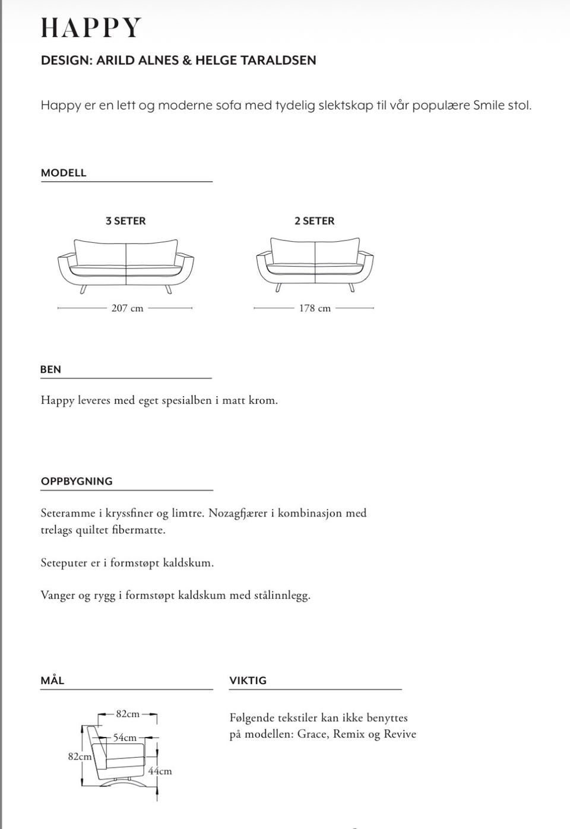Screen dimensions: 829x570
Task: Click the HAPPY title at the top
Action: [x=91, y=28]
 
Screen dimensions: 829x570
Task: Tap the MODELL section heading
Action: [x=64, y=173]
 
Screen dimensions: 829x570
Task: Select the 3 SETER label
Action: [x=125, y=221]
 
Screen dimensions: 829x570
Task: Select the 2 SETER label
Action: [x=314, y=221]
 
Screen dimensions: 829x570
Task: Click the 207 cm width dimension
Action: [x=127, y=308]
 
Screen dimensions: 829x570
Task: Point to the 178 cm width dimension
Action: [x=315, y=308]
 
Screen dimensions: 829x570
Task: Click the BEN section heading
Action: [x=50, y=369]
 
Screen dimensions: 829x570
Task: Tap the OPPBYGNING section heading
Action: [x=77, y=482]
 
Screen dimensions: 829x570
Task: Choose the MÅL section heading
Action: [x=52, y=681]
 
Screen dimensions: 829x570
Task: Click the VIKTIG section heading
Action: [x=248, y=681]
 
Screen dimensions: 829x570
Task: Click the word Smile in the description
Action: [x=488, y=106]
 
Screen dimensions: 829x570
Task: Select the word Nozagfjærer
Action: [x=237, y=513]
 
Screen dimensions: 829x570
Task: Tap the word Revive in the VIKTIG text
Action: [x=400, y=734]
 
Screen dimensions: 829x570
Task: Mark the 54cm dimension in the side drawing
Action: [x=125, y=738]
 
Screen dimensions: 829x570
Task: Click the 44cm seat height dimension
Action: [x=160, y=771]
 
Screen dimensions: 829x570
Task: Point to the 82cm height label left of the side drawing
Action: [x=80, y=757]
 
